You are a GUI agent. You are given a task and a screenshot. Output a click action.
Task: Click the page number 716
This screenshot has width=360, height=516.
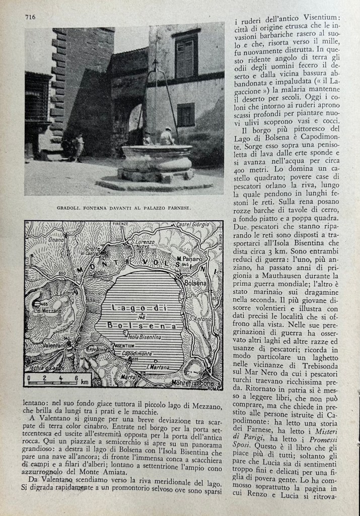point(30,17)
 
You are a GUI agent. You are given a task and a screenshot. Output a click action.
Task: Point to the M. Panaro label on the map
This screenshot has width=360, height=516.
point(187,259)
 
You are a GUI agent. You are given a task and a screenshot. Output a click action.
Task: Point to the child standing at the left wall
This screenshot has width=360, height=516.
point(79,147)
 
